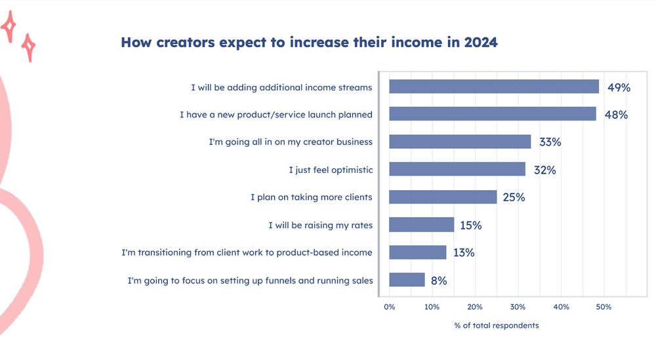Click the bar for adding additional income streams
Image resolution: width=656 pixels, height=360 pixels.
tap(493, 87)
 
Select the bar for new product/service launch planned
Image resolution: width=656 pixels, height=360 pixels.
tap(492, 114)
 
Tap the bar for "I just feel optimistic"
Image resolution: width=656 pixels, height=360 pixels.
tap(457, 170)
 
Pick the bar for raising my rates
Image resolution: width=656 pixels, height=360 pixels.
tap(421, 225)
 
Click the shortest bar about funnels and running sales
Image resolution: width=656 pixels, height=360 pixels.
tap(407, 280)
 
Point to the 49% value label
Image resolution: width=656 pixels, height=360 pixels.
tap(617, 87)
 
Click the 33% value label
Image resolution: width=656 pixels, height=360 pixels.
tap(549, 142)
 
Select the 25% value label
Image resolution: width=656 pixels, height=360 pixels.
tap(514, 197)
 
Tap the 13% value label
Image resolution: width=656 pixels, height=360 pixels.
tap(464, 252)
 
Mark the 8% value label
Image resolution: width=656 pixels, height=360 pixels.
tap(439, 281)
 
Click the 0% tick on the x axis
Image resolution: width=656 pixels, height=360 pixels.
tap(389, 307)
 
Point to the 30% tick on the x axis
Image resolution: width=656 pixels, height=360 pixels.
tap(518, 307)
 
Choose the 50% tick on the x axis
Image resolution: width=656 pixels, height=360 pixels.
tap(604, 307)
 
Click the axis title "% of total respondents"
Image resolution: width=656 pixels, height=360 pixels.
tap(496, 326)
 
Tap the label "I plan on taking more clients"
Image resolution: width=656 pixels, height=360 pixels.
tap(312, 197)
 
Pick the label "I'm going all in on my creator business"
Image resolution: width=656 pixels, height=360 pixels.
tap(291, 142)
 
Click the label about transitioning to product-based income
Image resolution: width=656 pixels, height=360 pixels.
tap(247, 252)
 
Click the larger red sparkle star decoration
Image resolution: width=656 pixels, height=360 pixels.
tap(10, 26)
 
